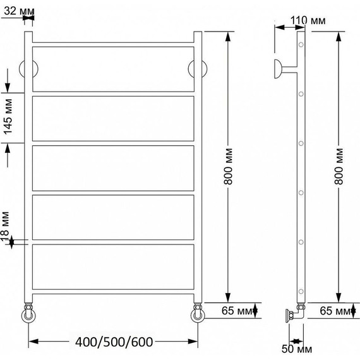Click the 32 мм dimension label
[x=19, y=11]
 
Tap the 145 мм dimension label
[x=8, y=117]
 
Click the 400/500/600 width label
[x=114, y=342]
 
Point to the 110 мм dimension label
[x=308, y=21]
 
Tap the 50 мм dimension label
[x=297, y=349]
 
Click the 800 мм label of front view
[x=229, y=167]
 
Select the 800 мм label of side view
[x=339, y=167]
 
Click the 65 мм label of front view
[x=237, y=311]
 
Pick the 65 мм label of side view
[x=336, y=311]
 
